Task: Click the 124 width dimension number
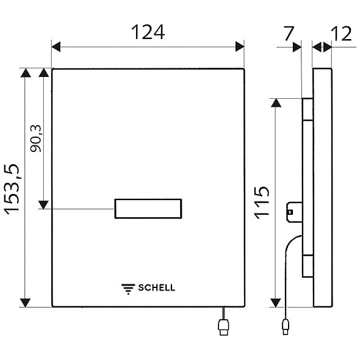pyautogui.click(x=148, y=32)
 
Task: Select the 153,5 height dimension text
pyautogui.click(x=12, y=189)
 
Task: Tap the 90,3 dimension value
pyautogui.click(x=35, y=139)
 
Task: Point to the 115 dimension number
pyautogui.click(x=261, y=203)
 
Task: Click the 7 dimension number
pyautogui.click(x=289, y=34)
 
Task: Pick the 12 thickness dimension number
pyautogui.click(x=342, y=34)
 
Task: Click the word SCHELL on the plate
pyautogui.click(x=156, y=287)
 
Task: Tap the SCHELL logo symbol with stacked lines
pyautogui.click(x=128, y=289)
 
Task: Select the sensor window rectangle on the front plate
pyautogui.click(x=148, y=209)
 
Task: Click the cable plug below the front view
pyautogui.click(x=223, y=327)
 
